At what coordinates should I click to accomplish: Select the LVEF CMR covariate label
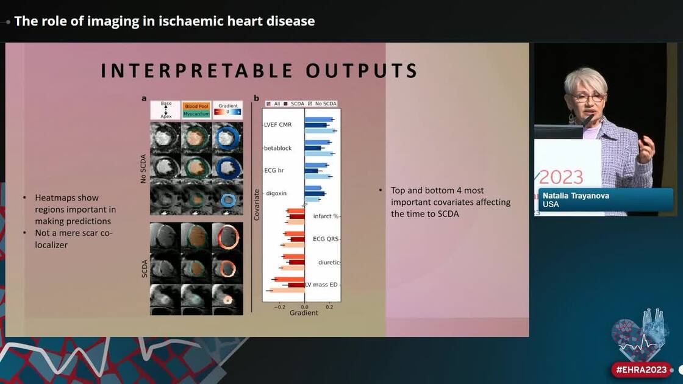coord(277,125)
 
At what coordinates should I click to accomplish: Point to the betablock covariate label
coord(277,148)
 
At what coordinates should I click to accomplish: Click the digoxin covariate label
coord(276,193)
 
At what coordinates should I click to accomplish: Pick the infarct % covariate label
coord(326,216)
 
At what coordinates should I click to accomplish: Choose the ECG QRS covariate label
coord(326,239)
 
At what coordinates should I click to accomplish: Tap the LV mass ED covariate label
coord(321,285)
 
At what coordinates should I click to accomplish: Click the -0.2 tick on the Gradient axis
coord(280,307)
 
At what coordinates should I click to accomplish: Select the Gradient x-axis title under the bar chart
coord(304,313)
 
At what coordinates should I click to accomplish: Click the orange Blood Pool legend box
coord(196,106)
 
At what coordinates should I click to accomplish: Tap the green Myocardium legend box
coord(196,114)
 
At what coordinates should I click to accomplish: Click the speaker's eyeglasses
coord(588,97)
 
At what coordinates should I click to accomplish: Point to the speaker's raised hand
coord(645,148)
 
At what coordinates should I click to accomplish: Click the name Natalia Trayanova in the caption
coord(576,196)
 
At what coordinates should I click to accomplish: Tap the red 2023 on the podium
coord(561,177)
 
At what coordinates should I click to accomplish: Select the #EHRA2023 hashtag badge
coord(641,369)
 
